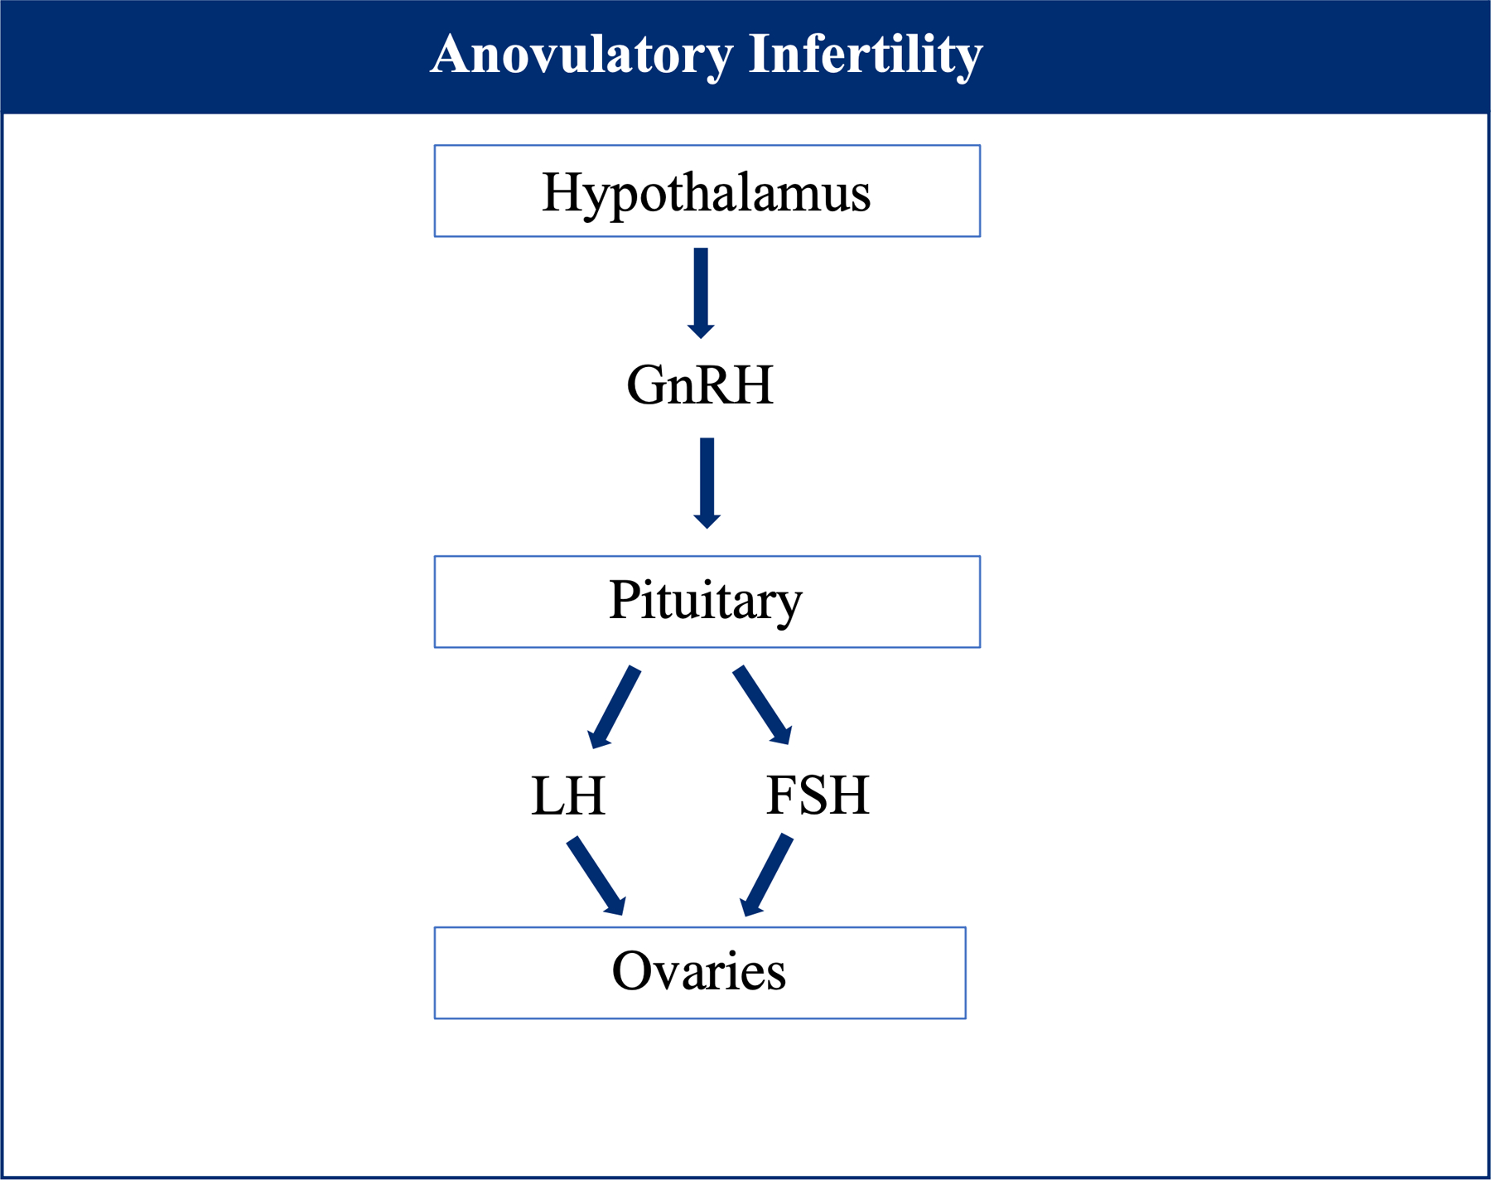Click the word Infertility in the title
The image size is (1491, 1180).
pos(866,56)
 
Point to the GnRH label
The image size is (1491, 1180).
pos(700,385)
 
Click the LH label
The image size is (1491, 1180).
pos(568,796)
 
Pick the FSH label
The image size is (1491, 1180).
pos(818,795)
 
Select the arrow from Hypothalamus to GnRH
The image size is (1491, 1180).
pos(701,293)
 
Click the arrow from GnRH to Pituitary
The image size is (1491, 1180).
pos(707,483)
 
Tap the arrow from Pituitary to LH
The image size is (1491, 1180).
pos(614,707)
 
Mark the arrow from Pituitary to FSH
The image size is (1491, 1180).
pos(763,705)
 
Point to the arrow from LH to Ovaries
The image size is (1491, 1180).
pos(596,876)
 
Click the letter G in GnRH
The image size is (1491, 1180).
pos(647,385)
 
